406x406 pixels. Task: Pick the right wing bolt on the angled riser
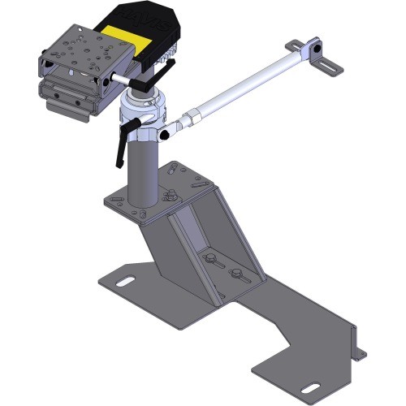point(235,274)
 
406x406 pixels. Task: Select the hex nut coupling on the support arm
point(192,119)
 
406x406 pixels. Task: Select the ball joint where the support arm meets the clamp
point(168,131)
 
